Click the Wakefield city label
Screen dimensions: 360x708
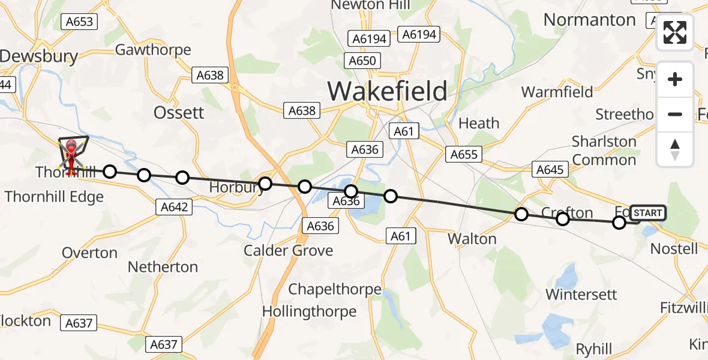387,91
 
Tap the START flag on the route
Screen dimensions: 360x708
647,213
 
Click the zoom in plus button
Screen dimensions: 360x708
675,79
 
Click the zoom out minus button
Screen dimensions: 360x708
675,114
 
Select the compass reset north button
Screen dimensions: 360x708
675,149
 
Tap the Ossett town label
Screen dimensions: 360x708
179,113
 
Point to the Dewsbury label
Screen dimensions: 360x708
39,57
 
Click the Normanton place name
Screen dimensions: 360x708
589,20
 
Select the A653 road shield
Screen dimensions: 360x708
79,22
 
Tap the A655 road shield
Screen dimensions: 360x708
464,155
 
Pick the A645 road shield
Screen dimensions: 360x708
550,170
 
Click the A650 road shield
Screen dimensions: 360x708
362,61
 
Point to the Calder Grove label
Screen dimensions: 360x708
288,250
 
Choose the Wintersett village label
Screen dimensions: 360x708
581,295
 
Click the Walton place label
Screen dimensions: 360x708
472,239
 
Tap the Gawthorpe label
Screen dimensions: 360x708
153,50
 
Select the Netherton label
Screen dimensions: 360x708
164,266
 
